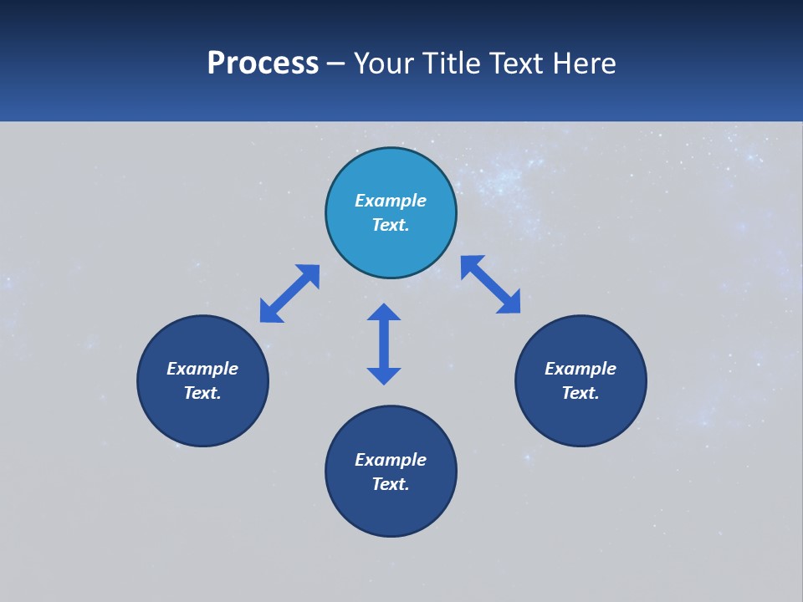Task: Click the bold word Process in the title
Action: click(263, 64)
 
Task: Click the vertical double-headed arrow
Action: click(384, 344)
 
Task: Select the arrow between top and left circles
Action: click(289, 293)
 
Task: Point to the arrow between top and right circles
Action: click(490, 284)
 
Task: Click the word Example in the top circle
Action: click(391, 201)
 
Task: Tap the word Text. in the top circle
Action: click(391, 225)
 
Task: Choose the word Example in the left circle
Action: click(202, 369)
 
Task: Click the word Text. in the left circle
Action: click(202, 393)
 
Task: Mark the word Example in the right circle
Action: click(581, 369)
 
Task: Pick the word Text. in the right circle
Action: click(581, 393)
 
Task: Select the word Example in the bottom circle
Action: click(391, 460)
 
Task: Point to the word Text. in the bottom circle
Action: click(391, 484)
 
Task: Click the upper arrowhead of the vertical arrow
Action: click(384, 313)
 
